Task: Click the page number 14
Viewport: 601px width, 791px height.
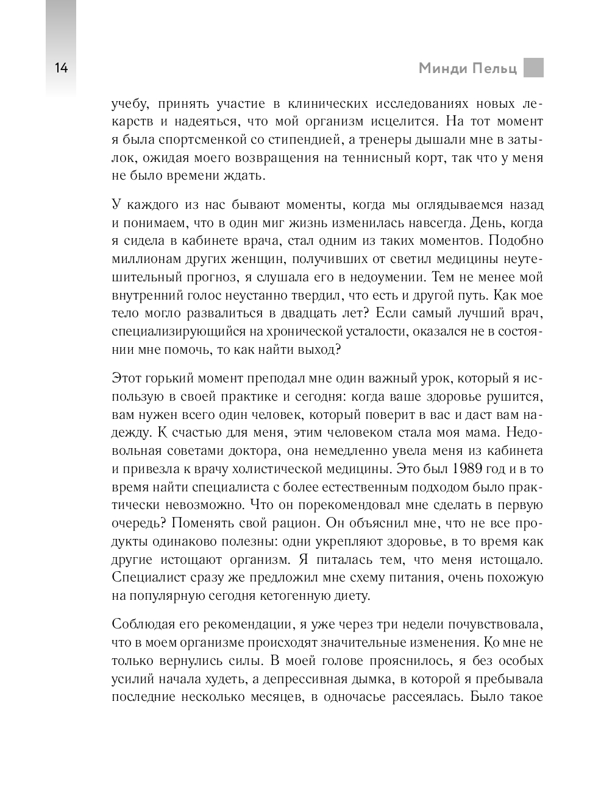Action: point(61,68)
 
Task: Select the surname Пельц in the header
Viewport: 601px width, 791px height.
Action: point(494,68)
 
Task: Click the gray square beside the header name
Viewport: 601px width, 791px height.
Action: point(533,68)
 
